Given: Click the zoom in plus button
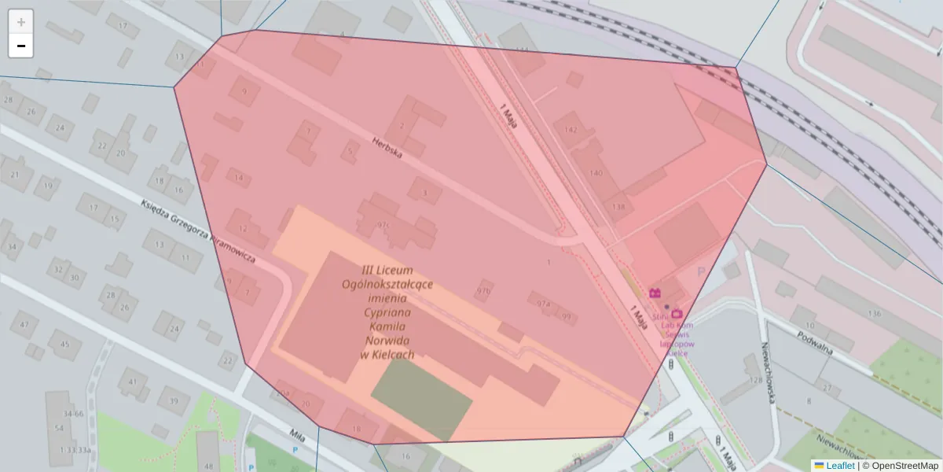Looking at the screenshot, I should click(x=21, y=22).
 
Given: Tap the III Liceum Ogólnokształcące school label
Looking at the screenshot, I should click(x=387, y=312).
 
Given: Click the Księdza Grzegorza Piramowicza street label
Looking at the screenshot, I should click(x=197, y=230).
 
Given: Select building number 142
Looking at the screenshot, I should click(x=571, y=130).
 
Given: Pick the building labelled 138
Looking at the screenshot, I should click(x=619, y=208).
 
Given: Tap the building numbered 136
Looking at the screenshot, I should click(x=874, y=314).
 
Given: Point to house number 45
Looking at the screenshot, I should click(x=65, y=344).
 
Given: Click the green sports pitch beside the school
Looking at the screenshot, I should click(x=421, y=398).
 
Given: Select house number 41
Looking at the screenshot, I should click(x=130, y=382).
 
